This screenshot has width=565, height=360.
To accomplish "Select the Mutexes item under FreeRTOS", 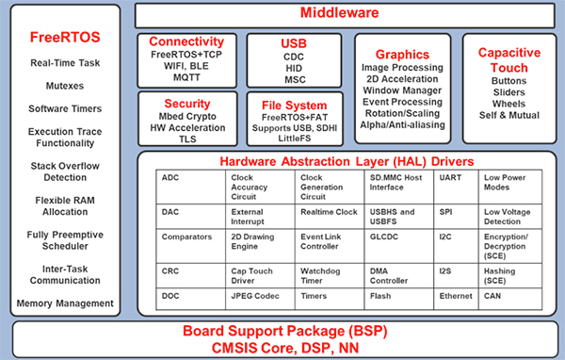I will pos(65,85).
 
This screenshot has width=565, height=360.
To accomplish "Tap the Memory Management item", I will pos(65,303).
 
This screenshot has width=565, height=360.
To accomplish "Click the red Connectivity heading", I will pos(186,41).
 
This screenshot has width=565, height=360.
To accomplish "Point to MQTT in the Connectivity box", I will pos(186,78).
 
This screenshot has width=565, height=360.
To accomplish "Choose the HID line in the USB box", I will pos(295,68).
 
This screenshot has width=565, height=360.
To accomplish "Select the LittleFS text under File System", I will pos(295,139).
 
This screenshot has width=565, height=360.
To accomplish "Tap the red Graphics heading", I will pos(408,56).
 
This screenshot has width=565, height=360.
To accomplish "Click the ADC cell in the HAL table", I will pos(170,177).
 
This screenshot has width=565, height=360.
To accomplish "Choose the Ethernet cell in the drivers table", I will pos(456,296).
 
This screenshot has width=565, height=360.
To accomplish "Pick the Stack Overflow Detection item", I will pos(65,170).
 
